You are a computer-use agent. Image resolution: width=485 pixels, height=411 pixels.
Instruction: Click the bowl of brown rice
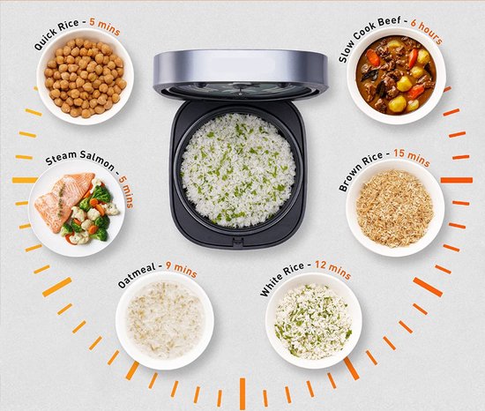point(394,208)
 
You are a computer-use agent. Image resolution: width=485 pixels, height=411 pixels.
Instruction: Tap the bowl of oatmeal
point(165,319)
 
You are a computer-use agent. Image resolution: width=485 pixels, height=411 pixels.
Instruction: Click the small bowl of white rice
point(314,320)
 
